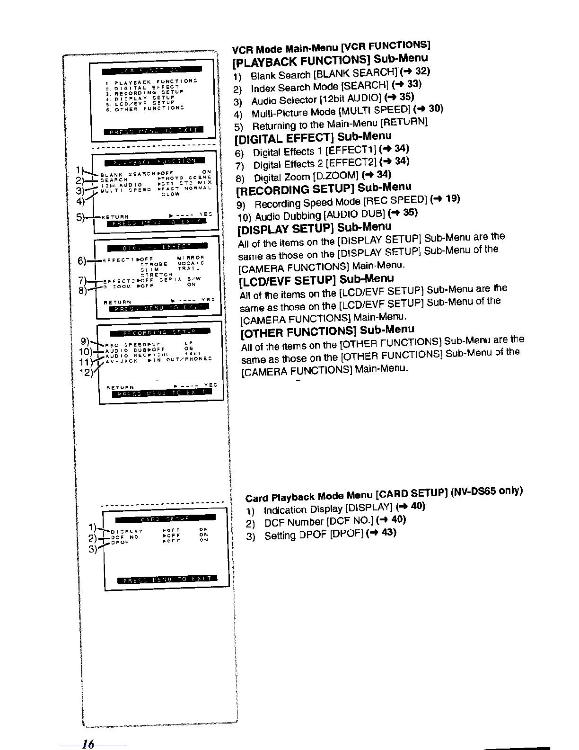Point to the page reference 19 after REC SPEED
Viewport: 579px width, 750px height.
(453, 198)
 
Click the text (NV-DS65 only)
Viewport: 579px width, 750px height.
(487, 491)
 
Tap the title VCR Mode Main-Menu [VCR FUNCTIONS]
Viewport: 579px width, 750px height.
(331, 47)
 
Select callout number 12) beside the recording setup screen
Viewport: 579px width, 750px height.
(87, 372)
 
